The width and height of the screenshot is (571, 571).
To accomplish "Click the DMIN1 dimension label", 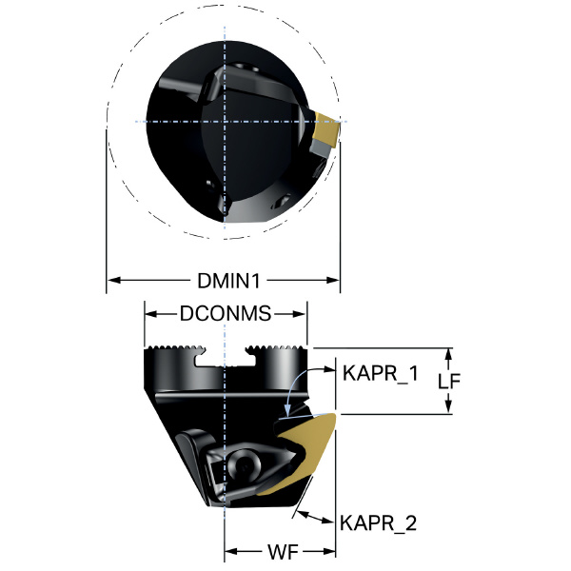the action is click(228, 281).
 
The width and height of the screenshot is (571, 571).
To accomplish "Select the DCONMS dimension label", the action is click(226, 313).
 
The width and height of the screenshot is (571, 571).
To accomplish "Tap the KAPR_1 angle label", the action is click(381, 373).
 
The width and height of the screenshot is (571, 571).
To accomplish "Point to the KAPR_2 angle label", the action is click(378, 523).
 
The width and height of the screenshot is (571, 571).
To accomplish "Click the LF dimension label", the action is click(449, 381).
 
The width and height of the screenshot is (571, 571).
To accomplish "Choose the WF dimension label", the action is click(283, 552).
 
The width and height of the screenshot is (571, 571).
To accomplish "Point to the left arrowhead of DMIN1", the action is click(113, 280).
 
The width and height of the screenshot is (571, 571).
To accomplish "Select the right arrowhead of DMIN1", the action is click(333, 280).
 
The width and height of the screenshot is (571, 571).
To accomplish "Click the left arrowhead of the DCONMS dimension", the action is click(151, 314).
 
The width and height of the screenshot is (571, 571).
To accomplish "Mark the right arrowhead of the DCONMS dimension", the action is click(300, 314).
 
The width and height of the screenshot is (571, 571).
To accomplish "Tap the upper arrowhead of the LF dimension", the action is click(448, 355).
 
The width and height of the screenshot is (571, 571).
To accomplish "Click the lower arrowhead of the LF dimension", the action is click(448, 406).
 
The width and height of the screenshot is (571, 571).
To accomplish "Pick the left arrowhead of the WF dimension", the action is click(231, 552).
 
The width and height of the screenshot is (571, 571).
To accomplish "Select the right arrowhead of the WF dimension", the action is click(328, 552).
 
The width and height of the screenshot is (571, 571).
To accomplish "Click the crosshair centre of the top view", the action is click(225, 121).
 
